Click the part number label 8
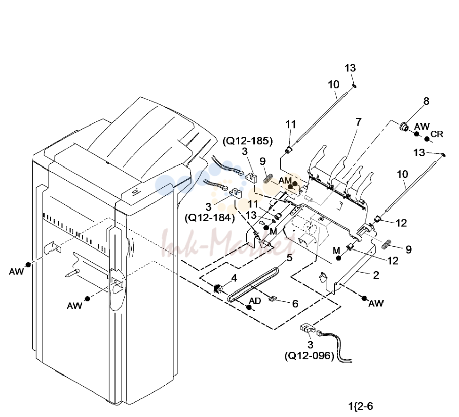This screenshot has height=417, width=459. [426, 101]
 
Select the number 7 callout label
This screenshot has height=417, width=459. [359, 122]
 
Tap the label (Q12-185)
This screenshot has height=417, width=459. [248, 141]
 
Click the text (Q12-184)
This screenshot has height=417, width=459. [210, 218]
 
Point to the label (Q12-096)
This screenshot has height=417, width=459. [310, 356]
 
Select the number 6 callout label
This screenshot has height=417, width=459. [295, 304]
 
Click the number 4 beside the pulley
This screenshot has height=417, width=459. [234, 278]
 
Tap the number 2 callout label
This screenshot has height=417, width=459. [376, 275]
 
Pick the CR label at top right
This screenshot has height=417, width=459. [437, 134]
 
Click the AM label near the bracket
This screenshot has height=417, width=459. [285, 181]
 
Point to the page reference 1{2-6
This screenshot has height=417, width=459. [361, 406]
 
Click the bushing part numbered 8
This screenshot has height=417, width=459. [404, 127]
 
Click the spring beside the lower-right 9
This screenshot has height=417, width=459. [387, 244]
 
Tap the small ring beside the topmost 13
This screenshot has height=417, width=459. [354, 86]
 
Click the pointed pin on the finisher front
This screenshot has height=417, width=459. [72, 273]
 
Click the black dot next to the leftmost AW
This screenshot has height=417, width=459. [28, 264]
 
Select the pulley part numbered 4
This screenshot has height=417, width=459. [217, 288]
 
